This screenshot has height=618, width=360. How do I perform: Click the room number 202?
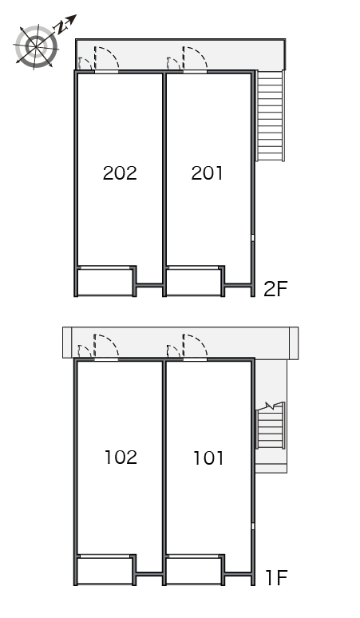(120, 173)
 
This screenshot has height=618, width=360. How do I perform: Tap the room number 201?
(208, 173)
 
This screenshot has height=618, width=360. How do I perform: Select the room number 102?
(121, 458)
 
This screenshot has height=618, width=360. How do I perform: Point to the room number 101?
(208, 458)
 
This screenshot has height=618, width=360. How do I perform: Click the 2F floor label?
(275, 289)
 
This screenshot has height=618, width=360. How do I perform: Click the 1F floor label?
(276, 578)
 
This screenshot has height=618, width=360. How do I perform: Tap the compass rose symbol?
(36, 47)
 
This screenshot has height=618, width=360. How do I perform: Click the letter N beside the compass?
(61, 27)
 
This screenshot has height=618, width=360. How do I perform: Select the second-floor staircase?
(270, 116)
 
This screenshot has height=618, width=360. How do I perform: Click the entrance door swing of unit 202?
(106, 59)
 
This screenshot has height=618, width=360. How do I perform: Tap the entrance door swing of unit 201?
(195, 59)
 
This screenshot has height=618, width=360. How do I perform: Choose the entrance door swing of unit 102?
(106, 347)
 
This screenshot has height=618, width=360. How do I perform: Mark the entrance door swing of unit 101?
(195, 347)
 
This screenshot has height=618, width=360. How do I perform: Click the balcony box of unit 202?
(105, 281)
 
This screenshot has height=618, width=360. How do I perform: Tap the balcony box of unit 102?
(105, 570)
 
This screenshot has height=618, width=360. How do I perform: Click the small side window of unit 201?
(253, 238)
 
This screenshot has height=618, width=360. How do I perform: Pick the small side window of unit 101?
(253, 526)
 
